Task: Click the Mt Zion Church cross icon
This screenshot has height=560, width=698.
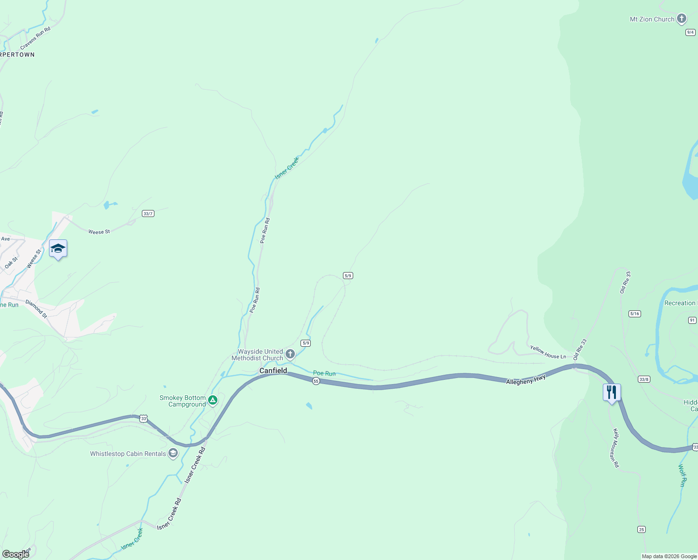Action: (682, 19)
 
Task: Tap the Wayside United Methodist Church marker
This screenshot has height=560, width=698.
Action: (290, 354)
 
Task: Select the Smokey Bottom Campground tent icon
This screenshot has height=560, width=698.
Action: (213, 400)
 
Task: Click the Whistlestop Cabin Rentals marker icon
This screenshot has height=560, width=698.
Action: (173, 453)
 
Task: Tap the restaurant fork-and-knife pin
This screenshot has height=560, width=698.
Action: (612, 392)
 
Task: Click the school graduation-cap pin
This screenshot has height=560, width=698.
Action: (58, 249)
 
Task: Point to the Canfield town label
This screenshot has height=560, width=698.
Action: (273, 371)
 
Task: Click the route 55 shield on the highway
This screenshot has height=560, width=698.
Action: (316, 381)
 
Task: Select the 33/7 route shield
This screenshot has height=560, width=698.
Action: (148, 214)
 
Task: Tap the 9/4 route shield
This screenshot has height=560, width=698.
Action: (691, 32)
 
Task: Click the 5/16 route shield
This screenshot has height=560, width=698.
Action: (635, 314)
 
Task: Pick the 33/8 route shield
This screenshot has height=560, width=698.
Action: (644, 379)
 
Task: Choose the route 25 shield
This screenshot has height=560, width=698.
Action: (642, 529)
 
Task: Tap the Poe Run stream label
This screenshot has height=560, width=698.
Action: (324, 373)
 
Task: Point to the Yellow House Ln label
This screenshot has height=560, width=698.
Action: (548, 352)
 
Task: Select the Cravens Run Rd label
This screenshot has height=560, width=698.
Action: (35, 38)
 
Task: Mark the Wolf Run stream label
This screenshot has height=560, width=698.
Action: (682, 476)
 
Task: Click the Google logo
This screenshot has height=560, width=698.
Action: (15, 554)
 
